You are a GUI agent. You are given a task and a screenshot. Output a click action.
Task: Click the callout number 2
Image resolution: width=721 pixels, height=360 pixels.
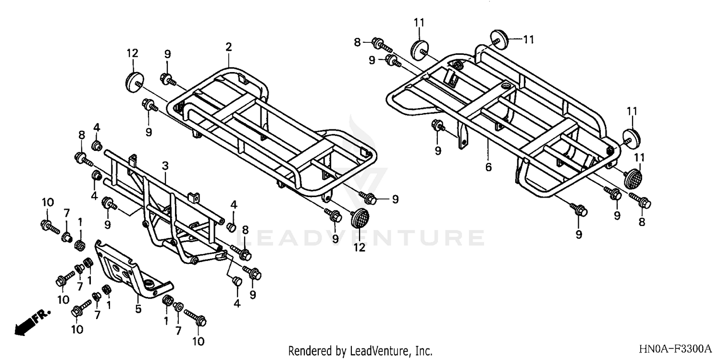(228, 47)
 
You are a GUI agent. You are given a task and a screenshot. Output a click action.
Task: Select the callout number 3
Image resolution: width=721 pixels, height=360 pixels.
(165, 166)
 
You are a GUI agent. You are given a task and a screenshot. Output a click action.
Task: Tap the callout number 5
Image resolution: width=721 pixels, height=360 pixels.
(138, 309)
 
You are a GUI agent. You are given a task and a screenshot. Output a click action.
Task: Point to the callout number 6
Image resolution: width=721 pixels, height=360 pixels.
(488, 167)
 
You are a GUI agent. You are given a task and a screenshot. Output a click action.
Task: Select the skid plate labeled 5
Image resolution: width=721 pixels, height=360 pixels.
(130, 272)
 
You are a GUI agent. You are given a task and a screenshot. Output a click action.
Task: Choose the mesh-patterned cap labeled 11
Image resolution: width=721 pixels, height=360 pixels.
(634, 178)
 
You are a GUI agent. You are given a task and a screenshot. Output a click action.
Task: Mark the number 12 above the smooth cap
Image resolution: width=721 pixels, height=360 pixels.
(132, 53)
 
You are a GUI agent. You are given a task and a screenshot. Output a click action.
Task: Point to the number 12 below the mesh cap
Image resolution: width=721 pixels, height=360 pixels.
(360, 248)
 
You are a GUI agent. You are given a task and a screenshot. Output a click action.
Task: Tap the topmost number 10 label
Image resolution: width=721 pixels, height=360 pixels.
(48, 201)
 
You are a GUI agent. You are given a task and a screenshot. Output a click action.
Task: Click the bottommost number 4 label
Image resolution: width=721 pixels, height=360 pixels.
(237, 303)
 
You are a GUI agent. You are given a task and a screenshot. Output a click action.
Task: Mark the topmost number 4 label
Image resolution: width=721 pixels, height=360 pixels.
(97, 127)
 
